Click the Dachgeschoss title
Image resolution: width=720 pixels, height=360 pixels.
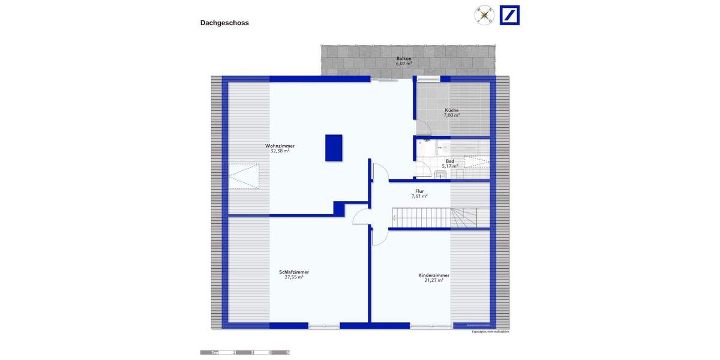click(x=224, y=23)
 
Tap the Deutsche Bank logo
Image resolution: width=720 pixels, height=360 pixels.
click(x=509, y=16)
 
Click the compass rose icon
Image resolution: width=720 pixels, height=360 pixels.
click(x=484, y=15)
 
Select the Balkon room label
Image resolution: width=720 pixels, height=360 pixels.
click(x=404, y=59)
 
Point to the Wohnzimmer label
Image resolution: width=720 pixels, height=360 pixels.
click(x=280, y=146)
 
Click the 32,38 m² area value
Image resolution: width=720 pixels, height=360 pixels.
click(x=280, y=151)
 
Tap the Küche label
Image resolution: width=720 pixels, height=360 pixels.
click(x=452, y=110)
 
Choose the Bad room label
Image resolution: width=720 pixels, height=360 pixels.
click(x=449, y=161)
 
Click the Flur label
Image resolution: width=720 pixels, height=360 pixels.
click(x=419, y=191)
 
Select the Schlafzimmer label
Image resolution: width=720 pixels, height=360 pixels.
click(x=294, y=272)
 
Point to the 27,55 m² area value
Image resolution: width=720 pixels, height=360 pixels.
click(x=294, y=277)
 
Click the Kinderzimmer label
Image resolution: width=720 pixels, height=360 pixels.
click(x=434, y=275)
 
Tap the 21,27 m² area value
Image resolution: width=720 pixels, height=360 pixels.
click(x=434, y=280)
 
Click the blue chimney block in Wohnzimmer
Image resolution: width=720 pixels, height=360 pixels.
click(x=334, y=148)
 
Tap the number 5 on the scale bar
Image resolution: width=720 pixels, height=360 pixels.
click(x=288, y=353)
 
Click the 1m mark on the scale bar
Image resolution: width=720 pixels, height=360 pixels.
click(x=215, y=353)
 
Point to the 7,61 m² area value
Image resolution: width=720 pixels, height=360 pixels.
click(x=419, y=196)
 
